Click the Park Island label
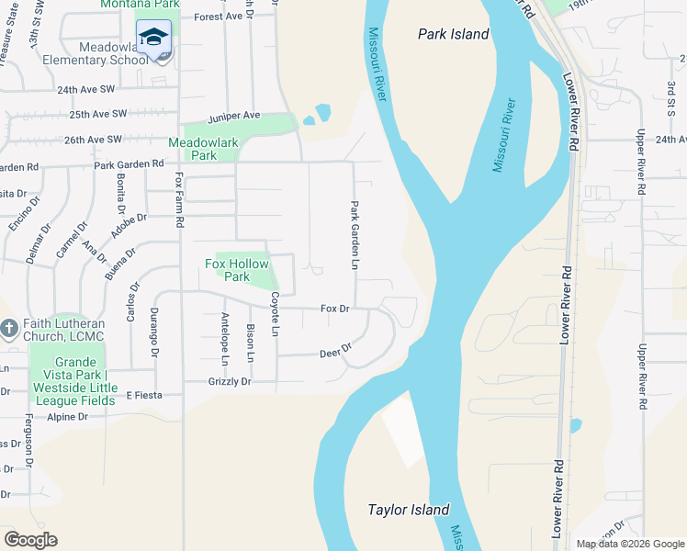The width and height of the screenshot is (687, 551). [x=453, y=35]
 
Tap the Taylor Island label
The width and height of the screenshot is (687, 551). [x=409, y=510]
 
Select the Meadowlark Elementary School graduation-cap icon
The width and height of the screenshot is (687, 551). [x=153, y=38]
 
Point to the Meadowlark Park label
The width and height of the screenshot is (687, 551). [x=192, y=149]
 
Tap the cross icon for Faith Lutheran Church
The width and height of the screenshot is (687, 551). [x=9, y=328]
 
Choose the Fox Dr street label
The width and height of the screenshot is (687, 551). [x=335, y=309]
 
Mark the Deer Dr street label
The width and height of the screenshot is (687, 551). [x=335, y=352]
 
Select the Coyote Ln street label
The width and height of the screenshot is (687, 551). [x=275, y=314]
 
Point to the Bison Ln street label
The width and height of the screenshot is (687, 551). [x=250, y=342]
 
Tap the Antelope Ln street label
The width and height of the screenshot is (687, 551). [x=225, y=338]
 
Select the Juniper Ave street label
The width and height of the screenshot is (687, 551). [x=234, y=116]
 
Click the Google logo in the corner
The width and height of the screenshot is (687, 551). [x=30, y=539]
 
